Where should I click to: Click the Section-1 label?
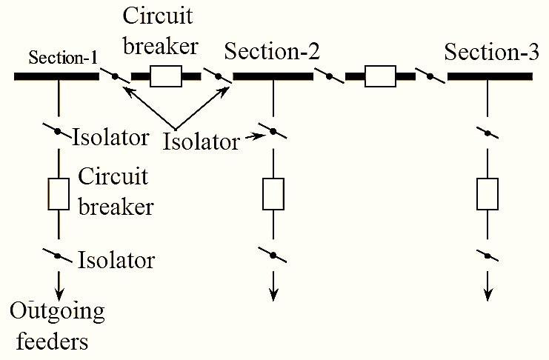[64, 59]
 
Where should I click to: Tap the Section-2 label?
[272, 52]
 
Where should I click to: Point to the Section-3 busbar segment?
[490, 76]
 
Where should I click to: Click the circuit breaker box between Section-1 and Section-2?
[166, 76]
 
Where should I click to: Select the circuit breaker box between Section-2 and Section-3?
[381, 76]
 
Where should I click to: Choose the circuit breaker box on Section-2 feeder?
[273, 193]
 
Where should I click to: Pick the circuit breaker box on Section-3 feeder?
[487, 193]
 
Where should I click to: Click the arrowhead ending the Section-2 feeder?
[273, 295]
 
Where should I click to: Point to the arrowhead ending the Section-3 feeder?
[487, 295]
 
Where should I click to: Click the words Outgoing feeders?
[57, 326]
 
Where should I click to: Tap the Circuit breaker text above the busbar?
[161, 32]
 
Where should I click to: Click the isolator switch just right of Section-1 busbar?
[116, 76]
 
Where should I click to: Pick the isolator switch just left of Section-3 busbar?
[429, 76]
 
